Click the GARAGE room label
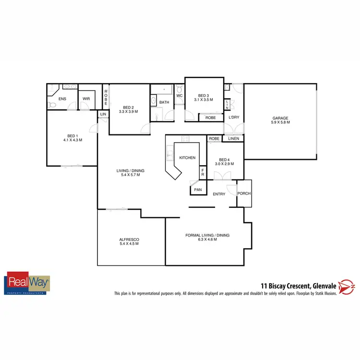click(x=281, y=118)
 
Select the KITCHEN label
click(x=188, y=158)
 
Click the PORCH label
click(x=244, y=194)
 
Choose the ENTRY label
click(x=219, y=194)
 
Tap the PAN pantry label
click(x=198, y=190)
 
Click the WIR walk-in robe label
click(x=86, y=99)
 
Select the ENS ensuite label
click(x=62, y=99)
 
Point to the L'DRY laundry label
click(x=234, y=118)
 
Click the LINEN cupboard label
click(x=233, y=139)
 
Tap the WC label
click(x=179, y=96)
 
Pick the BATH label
click(x=164, y=102)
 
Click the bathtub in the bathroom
click(x=162, y=89)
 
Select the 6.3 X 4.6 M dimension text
click(x=208, y=239)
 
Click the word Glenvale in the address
click(x=321, y=284)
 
